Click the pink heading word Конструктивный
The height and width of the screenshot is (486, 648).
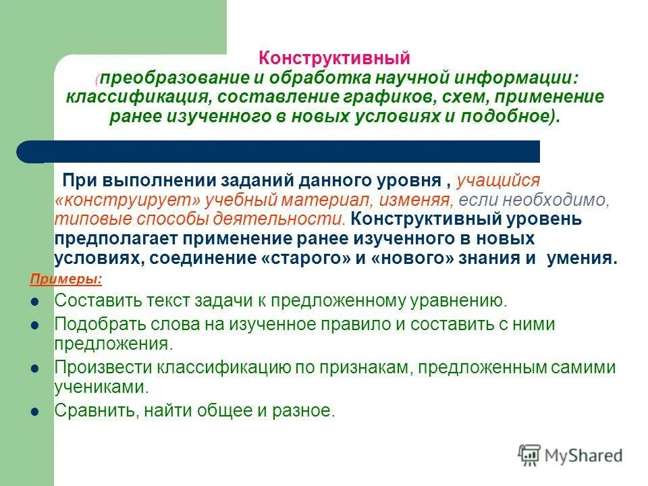pos(335,59)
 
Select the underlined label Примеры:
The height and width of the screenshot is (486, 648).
pos(66,278)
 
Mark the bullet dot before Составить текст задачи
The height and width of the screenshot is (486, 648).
pos(35,302)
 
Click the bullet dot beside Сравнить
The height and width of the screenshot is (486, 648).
pos(35,410)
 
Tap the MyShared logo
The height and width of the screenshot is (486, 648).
pos(570,455)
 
